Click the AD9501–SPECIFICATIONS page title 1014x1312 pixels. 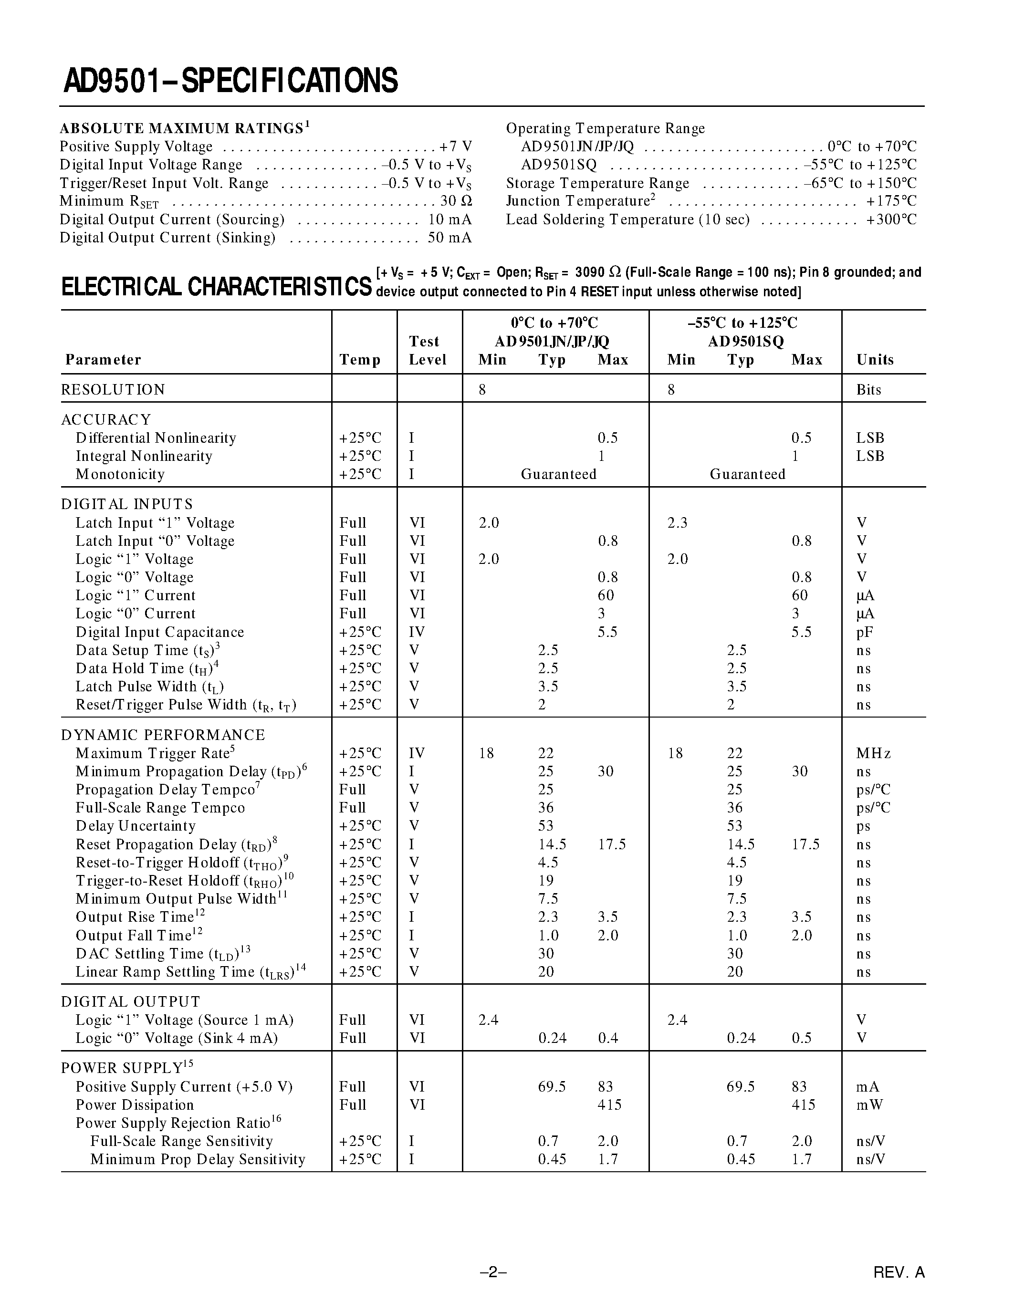230,81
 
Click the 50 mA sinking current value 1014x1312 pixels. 450,238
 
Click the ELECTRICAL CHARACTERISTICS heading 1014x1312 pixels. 216,287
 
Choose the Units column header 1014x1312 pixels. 875,360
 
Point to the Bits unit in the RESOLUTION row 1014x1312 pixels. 868,390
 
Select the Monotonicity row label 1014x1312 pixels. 120,475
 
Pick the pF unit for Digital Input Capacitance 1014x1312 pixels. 865,633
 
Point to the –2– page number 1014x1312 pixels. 493,1272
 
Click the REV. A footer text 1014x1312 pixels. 899,1272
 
